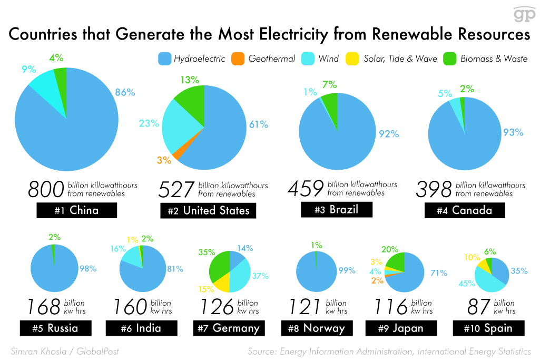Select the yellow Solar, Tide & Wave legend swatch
pos(354,59)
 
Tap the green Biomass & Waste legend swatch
pos(450,59)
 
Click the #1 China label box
pos(76,211)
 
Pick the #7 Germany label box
pos(229,328)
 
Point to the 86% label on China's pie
pos(125,92)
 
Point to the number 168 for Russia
pos(44,307)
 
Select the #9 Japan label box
pos(401,328)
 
